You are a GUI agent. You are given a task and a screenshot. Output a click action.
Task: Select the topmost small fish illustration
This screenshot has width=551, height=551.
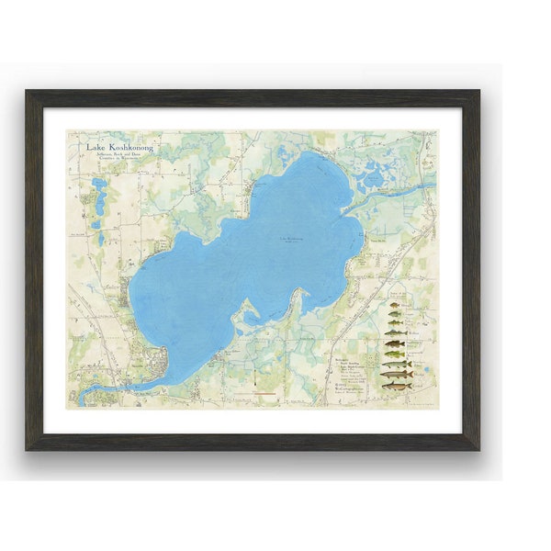396,306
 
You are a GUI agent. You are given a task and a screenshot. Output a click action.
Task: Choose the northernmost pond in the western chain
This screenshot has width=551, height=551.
97,186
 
